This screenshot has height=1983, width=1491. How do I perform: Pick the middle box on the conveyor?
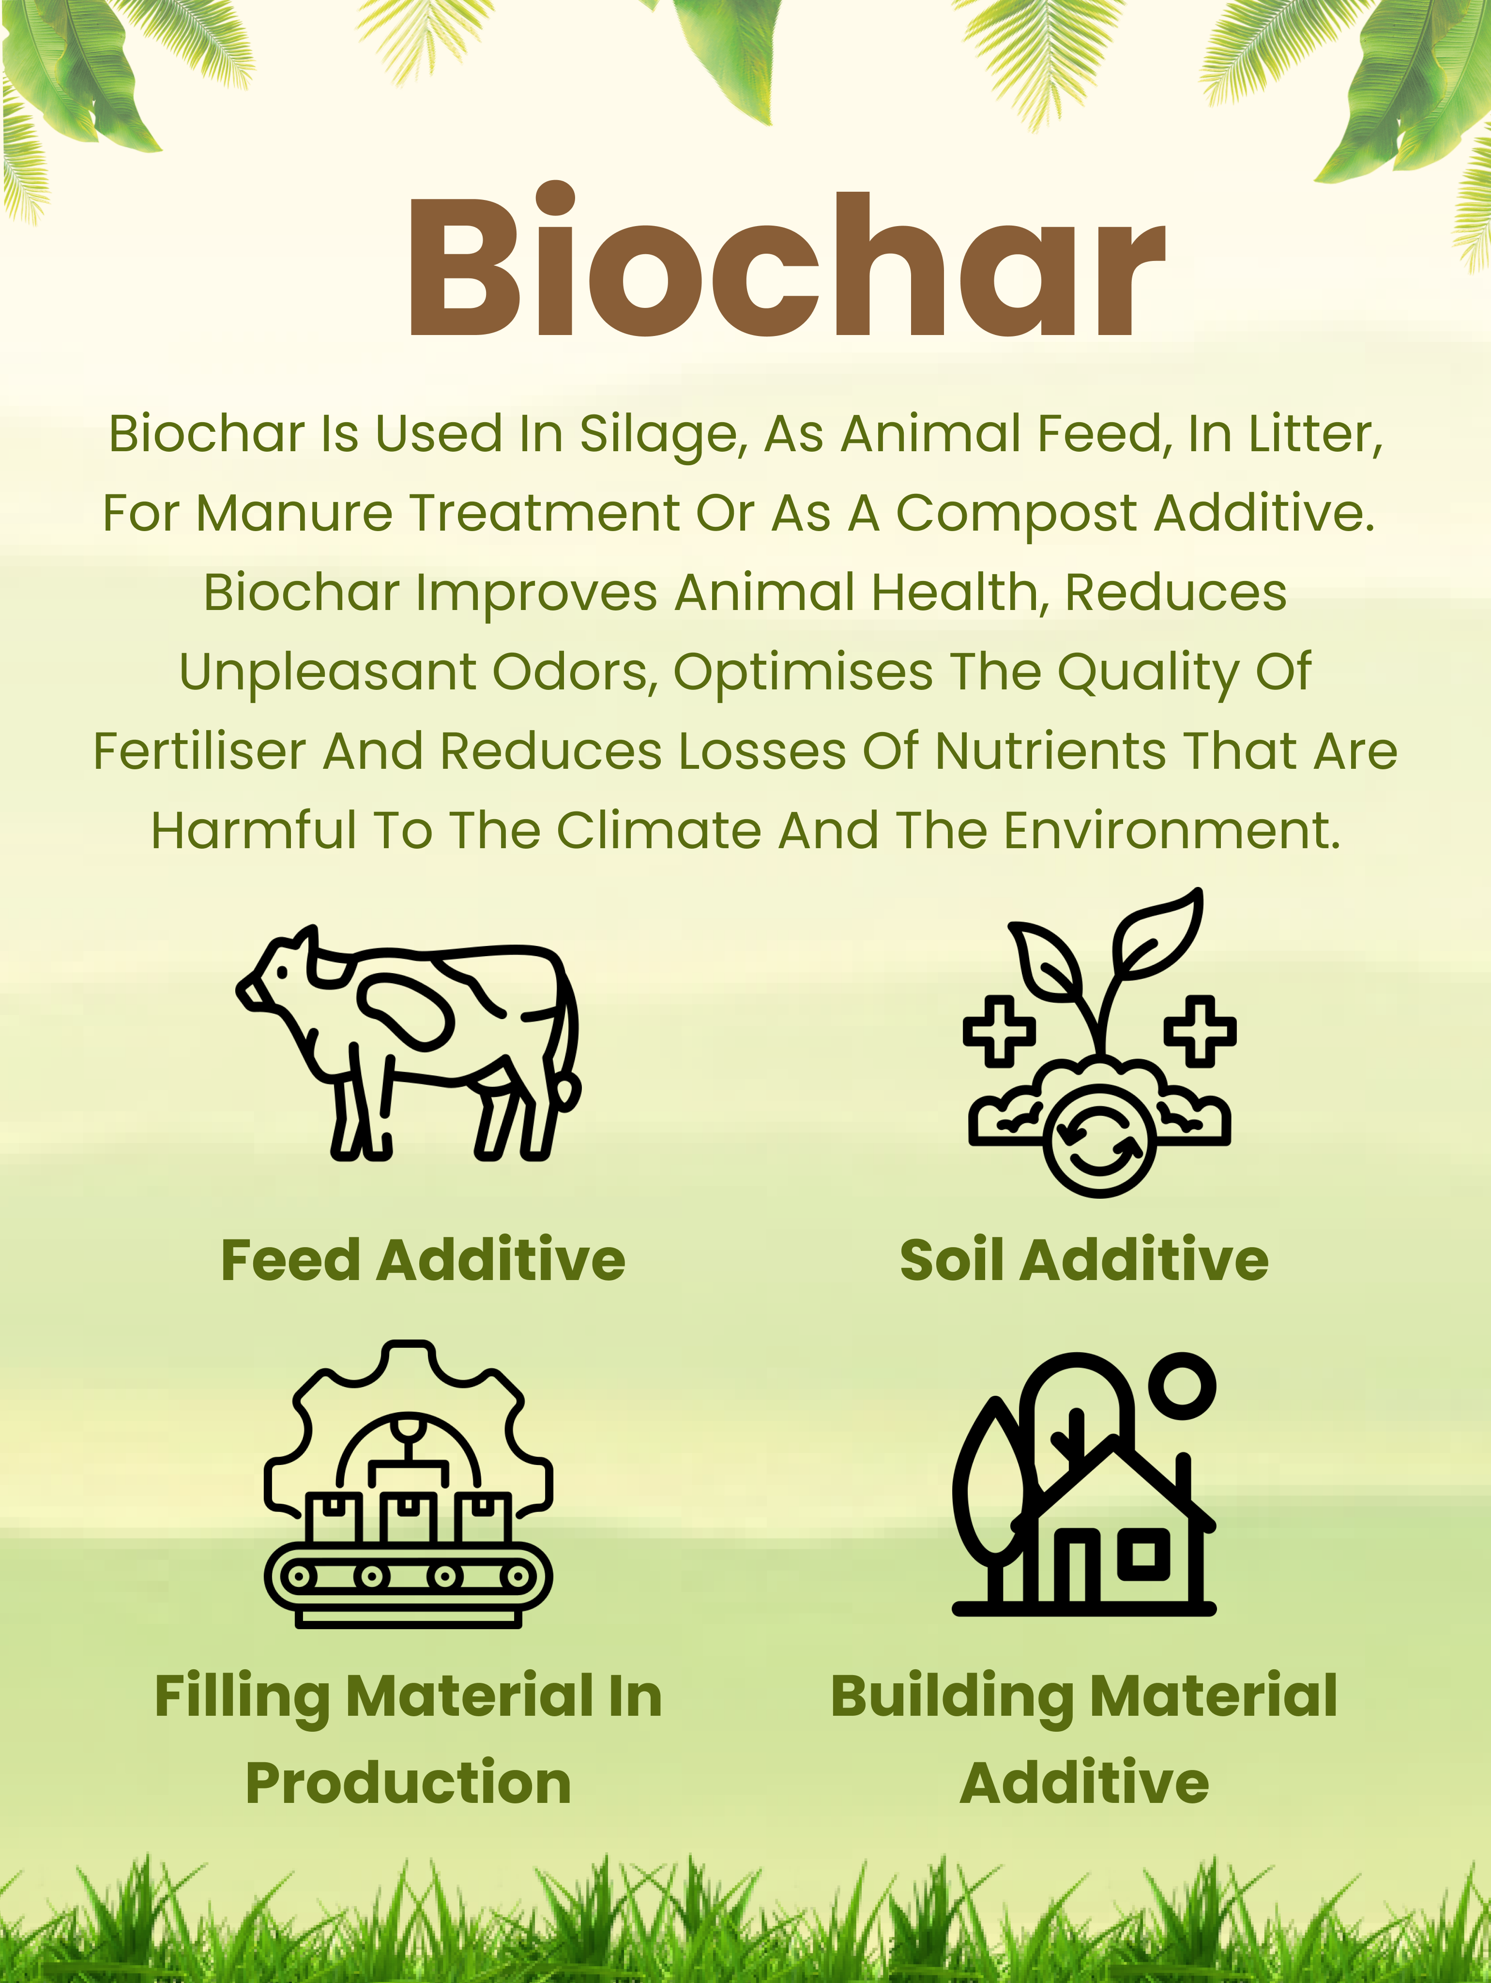click(x=409, y=1518)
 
